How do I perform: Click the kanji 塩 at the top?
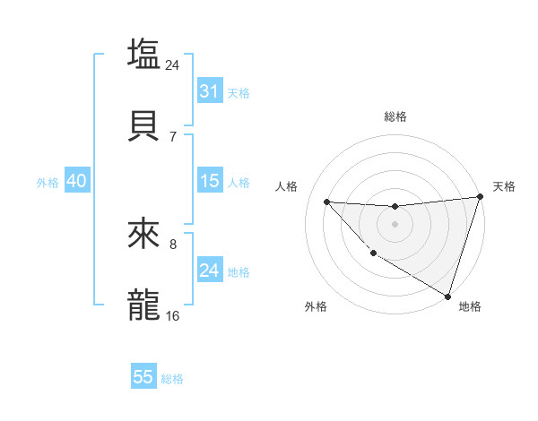[143, 53]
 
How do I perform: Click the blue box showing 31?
[209, 90]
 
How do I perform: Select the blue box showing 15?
[209, 180]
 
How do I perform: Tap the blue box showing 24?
[209, 270]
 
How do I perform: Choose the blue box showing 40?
[76, 180]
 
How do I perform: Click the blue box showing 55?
[143, 377]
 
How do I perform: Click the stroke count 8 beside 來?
[173, 244]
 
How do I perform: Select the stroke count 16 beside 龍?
[173, 316]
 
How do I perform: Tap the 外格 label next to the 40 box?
[48, 182]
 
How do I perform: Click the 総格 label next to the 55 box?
[172, 379]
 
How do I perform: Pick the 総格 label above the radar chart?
[395, 116]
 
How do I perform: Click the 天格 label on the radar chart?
[504, 186]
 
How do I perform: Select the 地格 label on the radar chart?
[470, 306]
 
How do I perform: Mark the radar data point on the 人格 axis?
[326, 202]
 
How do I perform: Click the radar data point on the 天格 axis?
[480, 197]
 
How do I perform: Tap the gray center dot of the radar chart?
[395, 224]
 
